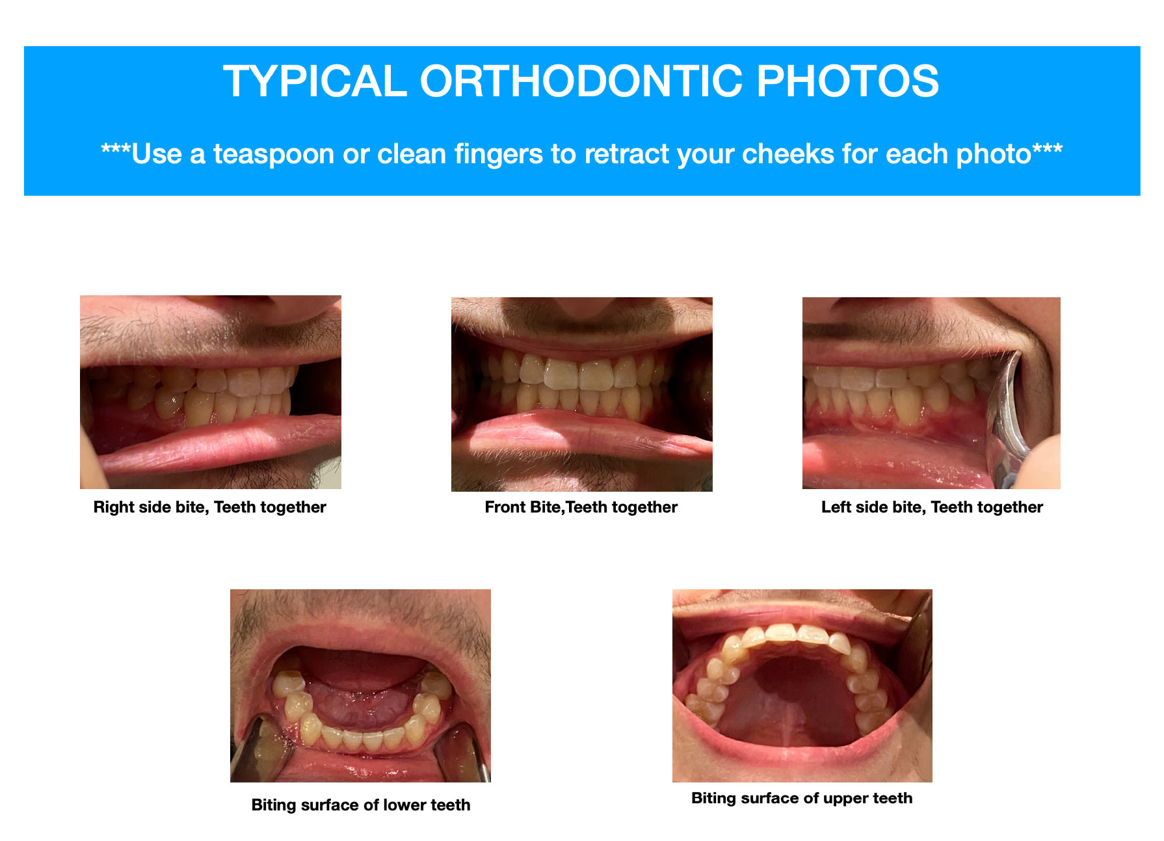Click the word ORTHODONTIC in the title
click(x=581, y=81)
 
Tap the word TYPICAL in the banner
click(x=315, y=81)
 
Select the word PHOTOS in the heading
click(x=847, y=81)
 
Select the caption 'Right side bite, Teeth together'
click(x=209, y=507)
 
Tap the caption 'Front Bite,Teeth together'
click(x=581, y=507)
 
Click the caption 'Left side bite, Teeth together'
click(x=932, y=507)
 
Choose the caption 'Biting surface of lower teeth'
click(x=361, y=805)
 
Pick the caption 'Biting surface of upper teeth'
click(x=802, y=798)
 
